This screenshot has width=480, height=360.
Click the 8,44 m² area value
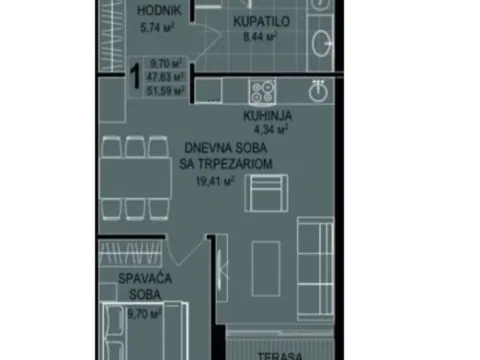pos(259,37)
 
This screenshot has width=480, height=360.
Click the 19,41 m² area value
pos(215,182)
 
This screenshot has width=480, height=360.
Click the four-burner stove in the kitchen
pos(263,92)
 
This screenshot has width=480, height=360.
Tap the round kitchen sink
pos(317,91)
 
